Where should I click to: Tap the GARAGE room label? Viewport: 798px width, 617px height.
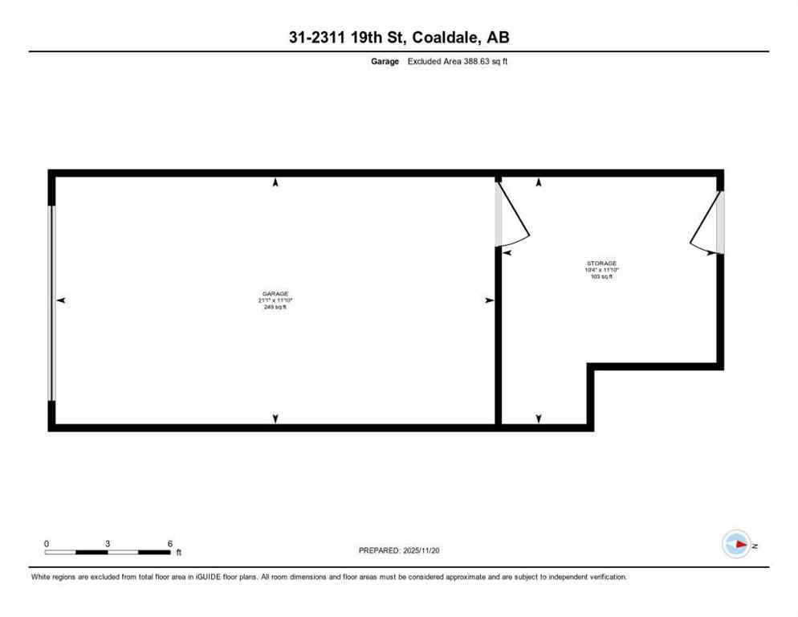pyautogui.click(x=275, y=294)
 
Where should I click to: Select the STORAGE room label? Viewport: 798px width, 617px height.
pyautogui.click(x=601, y=264)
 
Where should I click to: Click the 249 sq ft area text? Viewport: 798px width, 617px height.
pyautogui.click(x=275, y=307)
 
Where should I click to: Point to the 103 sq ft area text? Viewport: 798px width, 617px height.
pyautogui.click(x=601, y=276)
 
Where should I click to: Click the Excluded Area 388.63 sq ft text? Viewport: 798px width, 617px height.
pyautogui.click(x=458, y=61)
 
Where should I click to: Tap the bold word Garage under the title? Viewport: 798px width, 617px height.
pyautogui.click(x=385, y=61)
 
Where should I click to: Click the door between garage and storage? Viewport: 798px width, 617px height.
pyautogui.click(x=511, y=215)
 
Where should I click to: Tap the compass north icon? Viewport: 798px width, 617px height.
pyautogui.click(x=736, y=544)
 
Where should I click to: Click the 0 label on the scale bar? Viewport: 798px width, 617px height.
pyautogui.click(x=47, y=543)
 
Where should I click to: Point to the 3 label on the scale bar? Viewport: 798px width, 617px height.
pyautogui.click(x=108, y=543)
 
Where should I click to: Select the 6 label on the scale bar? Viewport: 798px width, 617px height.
pyautogui.click(x=169, y=543)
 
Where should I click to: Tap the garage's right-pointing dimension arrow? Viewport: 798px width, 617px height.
pyautogui.click(x=488, y=300)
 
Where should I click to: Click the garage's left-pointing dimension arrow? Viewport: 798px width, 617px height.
pyautogui.click(x=60, y=300)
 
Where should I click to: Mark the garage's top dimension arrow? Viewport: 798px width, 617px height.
pyautogui.click(x=275, y=183)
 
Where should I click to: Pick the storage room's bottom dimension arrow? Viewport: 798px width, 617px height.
pyautogui.click(x=539, y=418)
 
